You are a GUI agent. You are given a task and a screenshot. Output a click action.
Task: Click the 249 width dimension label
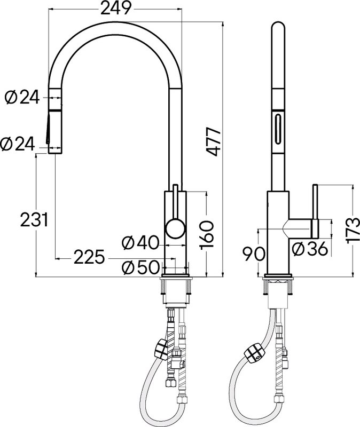pos(116,8)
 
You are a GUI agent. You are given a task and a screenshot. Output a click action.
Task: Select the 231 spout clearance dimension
pos(34,219)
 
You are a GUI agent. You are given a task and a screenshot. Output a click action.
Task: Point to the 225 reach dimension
pos(89,257)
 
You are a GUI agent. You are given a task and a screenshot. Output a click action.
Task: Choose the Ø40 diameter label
pos(140,243)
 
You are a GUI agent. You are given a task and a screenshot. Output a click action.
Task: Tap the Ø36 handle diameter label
pos(309,249)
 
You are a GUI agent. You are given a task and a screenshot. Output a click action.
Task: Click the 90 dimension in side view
pos(254,254)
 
